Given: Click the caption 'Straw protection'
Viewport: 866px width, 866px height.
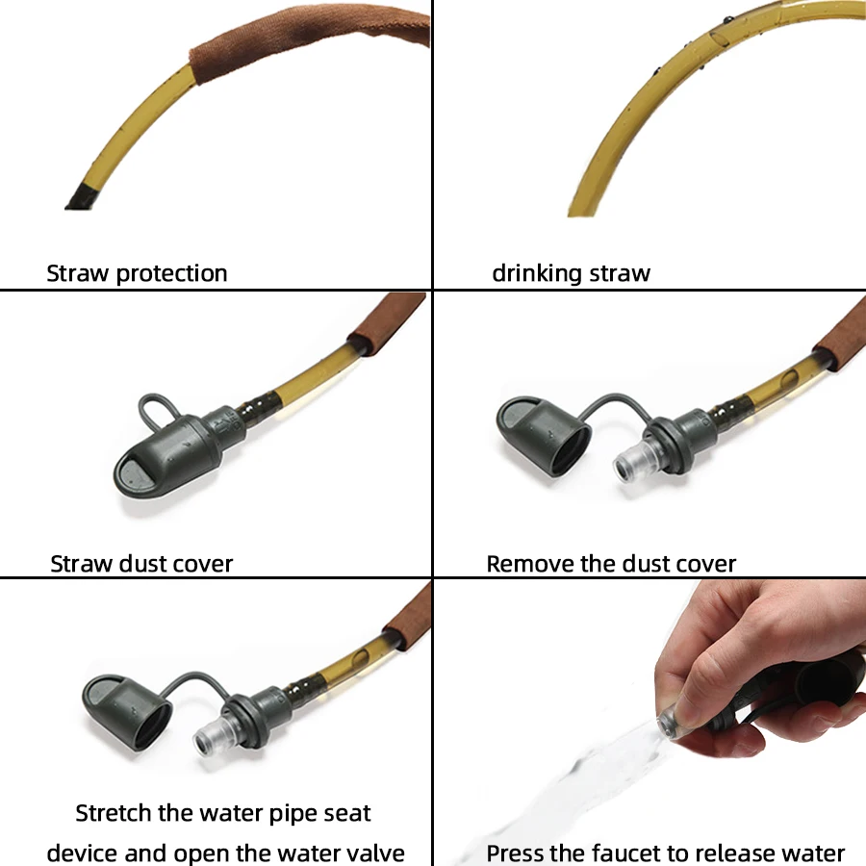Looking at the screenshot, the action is coord(137,273).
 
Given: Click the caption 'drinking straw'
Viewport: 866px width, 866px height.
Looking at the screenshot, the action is coord(571,273).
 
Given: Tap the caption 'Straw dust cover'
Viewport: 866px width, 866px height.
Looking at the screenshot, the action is coord(141,564).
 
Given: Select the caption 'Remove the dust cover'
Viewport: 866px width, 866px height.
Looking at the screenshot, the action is coord(611,564).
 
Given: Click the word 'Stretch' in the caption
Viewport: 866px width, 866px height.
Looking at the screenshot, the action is coord(114,813).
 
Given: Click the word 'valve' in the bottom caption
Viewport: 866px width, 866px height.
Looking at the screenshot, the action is coord(374,853).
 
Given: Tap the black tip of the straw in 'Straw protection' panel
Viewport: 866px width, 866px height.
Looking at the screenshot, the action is coord(83,197).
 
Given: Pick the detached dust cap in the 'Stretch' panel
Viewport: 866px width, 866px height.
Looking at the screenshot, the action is coord(127,711).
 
